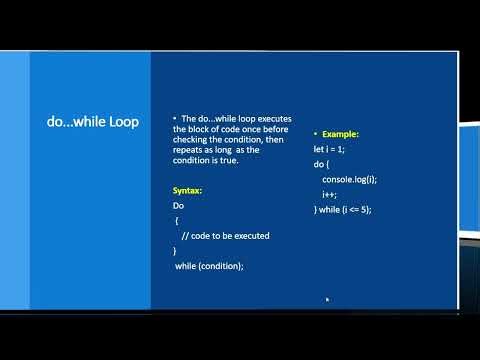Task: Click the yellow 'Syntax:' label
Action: [188, 190]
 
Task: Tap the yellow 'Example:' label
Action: [337, 133]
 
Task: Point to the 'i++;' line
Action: [330, 194]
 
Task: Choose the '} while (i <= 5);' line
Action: [342, 209]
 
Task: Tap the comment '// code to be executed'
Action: [226, 236]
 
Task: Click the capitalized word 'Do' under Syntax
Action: [178, 205]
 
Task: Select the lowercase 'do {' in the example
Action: [321, 163]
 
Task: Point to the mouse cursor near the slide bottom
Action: [327, 298]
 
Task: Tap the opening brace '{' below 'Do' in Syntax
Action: [177, 220]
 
